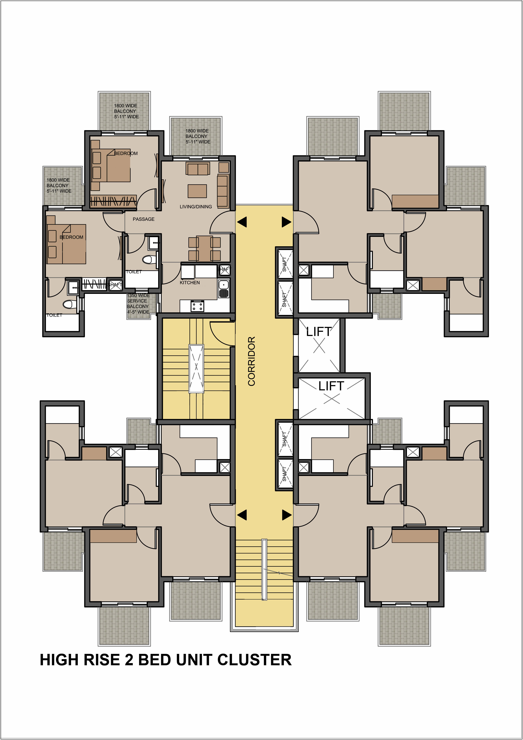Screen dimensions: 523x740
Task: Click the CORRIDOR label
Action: (252, 361)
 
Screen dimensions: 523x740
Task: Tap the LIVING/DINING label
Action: (196, 207)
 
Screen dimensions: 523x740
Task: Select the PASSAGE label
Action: (144, 219)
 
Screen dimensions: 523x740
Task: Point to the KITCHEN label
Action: (190, 282)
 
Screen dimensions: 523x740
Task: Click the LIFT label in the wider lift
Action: (331, 386)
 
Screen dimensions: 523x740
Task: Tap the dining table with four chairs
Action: (204, 249)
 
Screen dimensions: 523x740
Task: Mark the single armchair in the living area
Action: (224, 167)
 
